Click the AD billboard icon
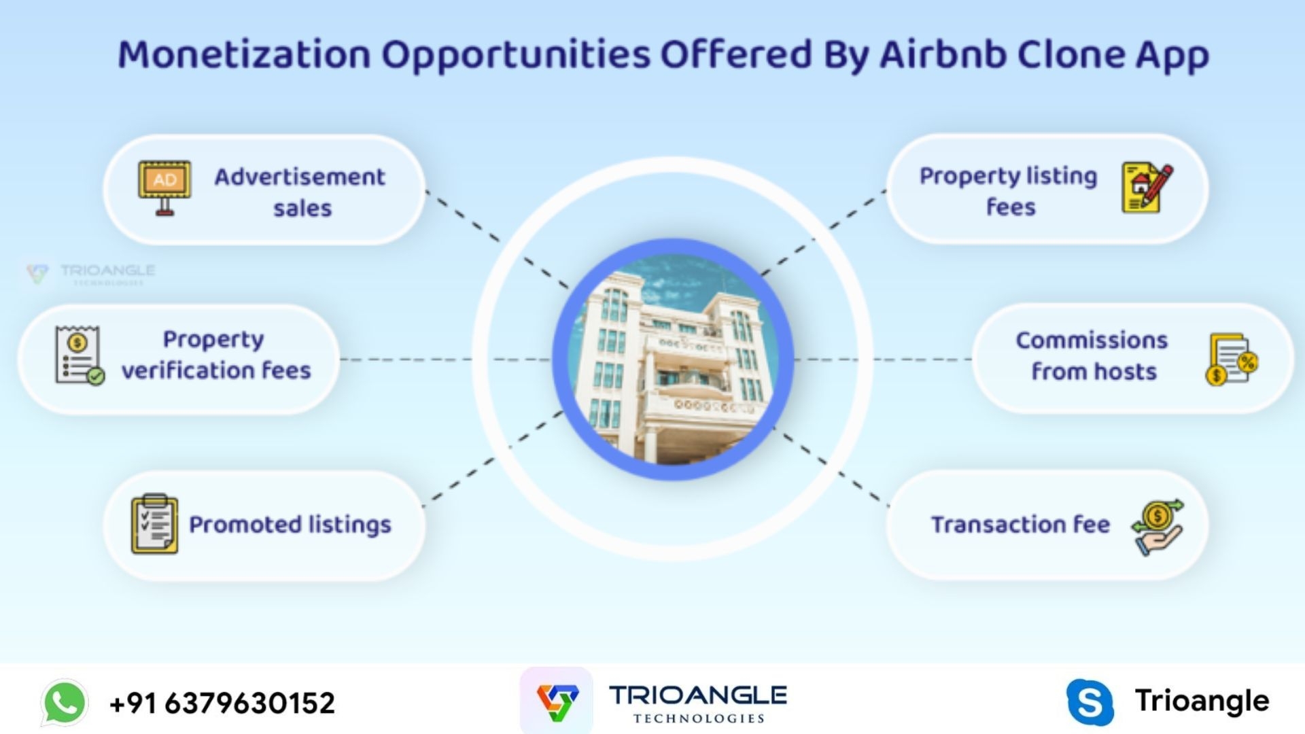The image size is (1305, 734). point(164,188)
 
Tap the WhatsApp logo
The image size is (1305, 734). point(65,702)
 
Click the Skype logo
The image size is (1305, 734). point(1090,702)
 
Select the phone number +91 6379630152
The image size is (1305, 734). point(222,703)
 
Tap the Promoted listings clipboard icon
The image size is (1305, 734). point(154,524)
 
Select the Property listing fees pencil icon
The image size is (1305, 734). point(1147,188)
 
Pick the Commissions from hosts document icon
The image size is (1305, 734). point(1232,359)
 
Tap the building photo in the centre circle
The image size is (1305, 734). point(673,360)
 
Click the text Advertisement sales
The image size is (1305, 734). point(300,192)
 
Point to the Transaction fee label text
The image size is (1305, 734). point(1020,525)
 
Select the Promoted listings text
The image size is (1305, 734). point(290,525)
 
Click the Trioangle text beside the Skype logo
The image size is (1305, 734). point(1202,701)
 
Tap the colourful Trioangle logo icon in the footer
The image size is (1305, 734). point(557,701)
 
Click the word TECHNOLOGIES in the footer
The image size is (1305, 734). point(699,718)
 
